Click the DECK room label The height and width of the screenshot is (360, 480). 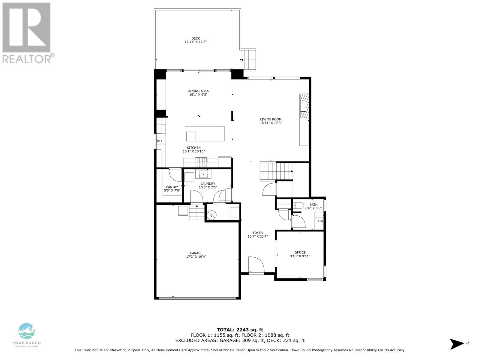click(196, 38)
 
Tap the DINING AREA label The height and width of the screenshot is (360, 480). click(198, 91)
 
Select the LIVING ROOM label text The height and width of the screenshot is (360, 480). click(271, 119)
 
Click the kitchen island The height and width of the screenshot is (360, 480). click(205, 133)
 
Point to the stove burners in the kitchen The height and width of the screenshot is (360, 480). click(201, 162)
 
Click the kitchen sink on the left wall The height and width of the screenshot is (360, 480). click(161, 141)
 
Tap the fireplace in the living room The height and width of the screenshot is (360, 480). click(304, 106)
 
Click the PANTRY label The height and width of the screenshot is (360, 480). click(172, 187)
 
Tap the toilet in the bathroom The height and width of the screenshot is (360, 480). click(298, 205)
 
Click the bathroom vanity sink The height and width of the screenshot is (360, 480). click(319, 221)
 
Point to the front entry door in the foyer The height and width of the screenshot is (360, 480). click(256, 265)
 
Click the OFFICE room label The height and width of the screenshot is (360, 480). click(300, 253)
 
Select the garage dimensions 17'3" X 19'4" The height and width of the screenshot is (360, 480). click(196, 256)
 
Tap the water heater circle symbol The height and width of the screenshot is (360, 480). click(211, 215)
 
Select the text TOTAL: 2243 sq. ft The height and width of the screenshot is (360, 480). click(240, 330)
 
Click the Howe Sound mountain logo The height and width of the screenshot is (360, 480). click(26, 331)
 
